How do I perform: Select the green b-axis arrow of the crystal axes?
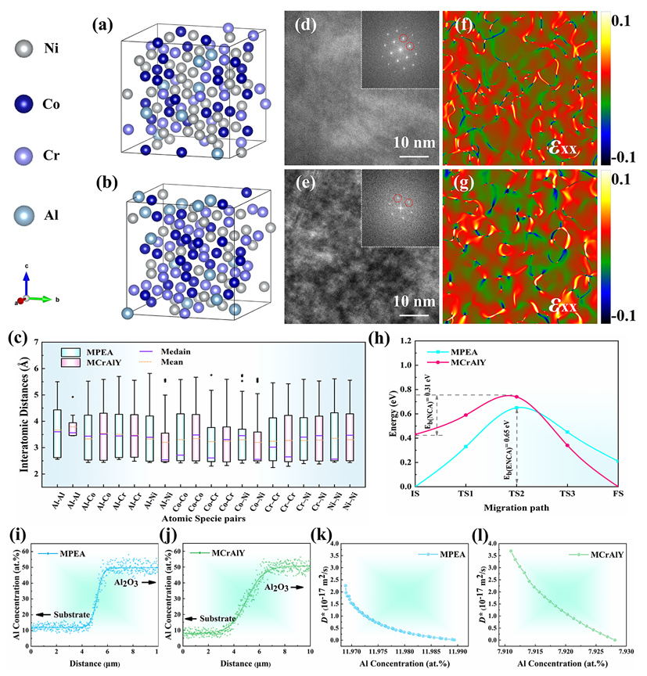point(40,299)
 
